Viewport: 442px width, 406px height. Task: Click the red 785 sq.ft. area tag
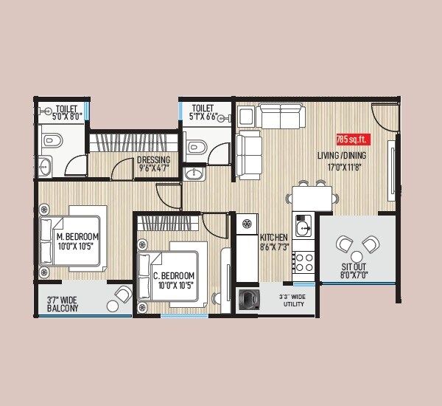coord(352,139)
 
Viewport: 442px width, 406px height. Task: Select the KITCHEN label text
coord(273,237)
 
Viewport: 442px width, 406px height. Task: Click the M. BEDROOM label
coord(77,237)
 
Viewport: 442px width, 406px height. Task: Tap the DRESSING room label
coord(153,160)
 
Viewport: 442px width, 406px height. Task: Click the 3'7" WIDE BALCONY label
coord(63,305)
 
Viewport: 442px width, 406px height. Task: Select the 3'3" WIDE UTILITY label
coord(292,300)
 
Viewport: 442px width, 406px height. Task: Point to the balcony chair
coord(122,295)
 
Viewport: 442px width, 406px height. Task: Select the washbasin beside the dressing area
coord(194,174)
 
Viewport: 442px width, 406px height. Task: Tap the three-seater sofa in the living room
coord(281,116)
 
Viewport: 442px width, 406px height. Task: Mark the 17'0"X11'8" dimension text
coord(343,168)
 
